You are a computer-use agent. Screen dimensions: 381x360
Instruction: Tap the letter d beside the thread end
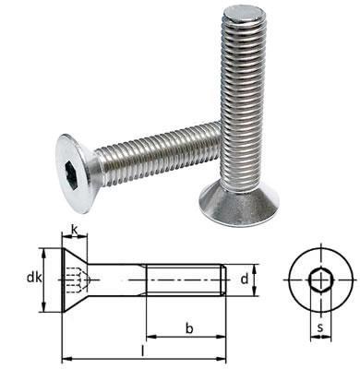click(244, 276)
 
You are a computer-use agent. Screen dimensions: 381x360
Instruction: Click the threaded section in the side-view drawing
click(185, 277)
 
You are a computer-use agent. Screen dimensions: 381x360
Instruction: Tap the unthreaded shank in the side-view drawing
click(120, 277)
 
